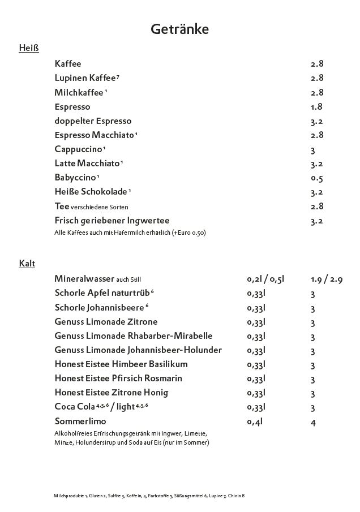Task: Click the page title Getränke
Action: (179, 29)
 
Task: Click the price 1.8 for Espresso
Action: (316, 106)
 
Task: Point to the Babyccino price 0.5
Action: (316, 178)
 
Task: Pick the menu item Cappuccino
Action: (78, 149)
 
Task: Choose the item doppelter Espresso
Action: (93, 121)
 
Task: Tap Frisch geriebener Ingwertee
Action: (112, 221)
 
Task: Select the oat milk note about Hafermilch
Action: (130, 233)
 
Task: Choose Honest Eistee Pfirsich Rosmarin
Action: (118, 378)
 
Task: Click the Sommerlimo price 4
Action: (313, 422)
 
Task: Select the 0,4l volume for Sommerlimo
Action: (255, 421)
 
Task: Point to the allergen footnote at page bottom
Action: (149, 496)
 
